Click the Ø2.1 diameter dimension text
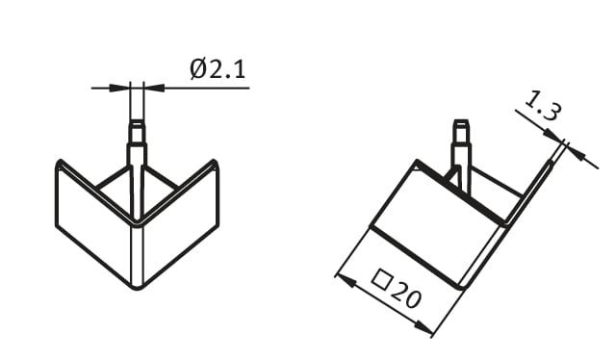click(218, 69)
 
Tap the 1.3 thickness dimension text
click(543, 106)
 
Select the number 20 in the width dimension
click(406, 295)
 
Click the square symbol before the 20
click(382, 278)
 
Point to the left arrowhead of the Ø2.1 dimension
click(119, 88)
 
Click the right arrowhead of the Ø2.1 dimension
click(154, 88)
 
